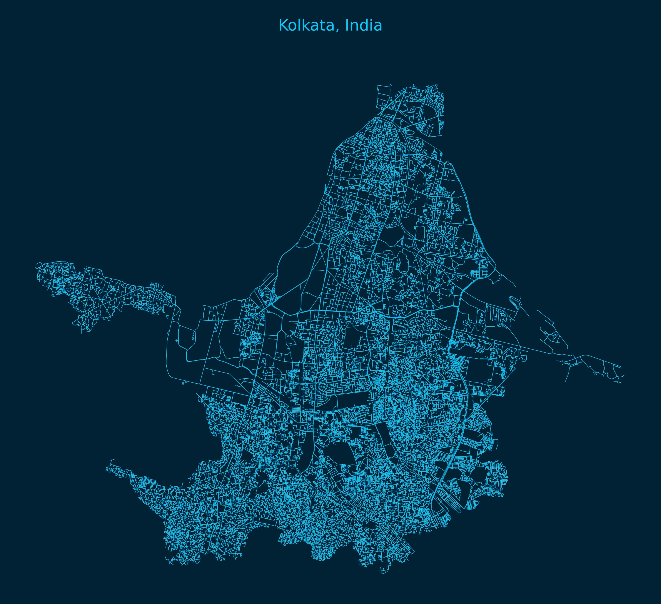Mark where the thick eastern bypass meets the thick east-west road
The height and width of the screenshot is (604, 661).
pyautogui.click(x=457, y=306)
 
